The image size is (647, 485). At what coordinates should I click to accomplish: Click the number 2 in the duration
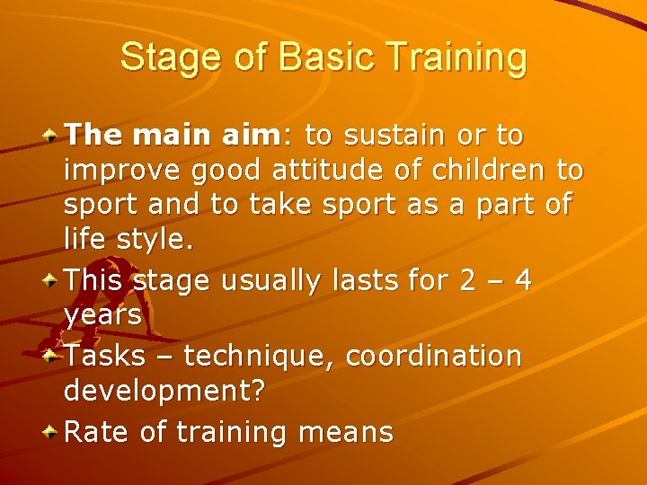click(465, 281)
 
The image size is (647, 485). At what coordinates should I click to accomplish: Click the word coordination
click(433, 357)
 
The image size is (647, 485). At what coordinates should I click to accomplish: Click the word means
click(350, 432)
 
